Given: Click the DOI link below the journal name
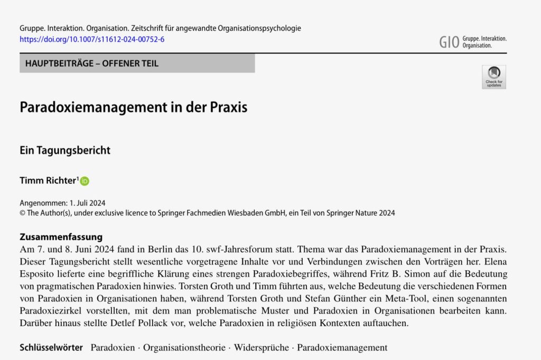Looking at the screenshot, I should pyautogui.click(x=92, y=40).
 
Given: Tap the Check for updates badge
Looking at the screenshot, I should pyautogui.click(x=493, y=77).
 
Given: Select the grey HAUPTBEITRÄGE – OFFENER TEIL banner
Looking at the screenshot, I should pyautogui.click(x=137, y=63).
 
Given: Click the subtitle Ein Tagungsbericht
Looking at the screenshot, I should pyautogui.click(x=65, y=150).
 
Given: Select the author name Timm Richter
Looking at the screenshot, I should pyautogui.click(x=48, y=181).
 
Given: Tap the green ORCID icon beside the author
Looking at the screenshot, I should pyautogui.click(x=85, y=181).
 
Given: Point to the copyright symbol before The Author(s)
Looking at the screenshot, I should pyautogui.click(x=22, y=213).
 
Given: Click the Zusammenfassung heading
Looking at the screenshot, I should pyautogui.click(x=61, y=237).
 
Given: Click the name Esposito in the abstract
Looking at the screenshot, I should pyautogui.click(x=38, y=274).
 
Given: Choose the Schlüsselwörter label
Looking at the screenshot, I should pyautogui.click(x=51, y=348).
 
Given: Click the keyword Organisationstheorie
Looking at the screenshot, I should pyautogui.click(x=185, y=348).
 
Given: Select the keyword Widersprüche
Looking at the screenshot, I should pyautogui.click(x=262, y=348).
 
